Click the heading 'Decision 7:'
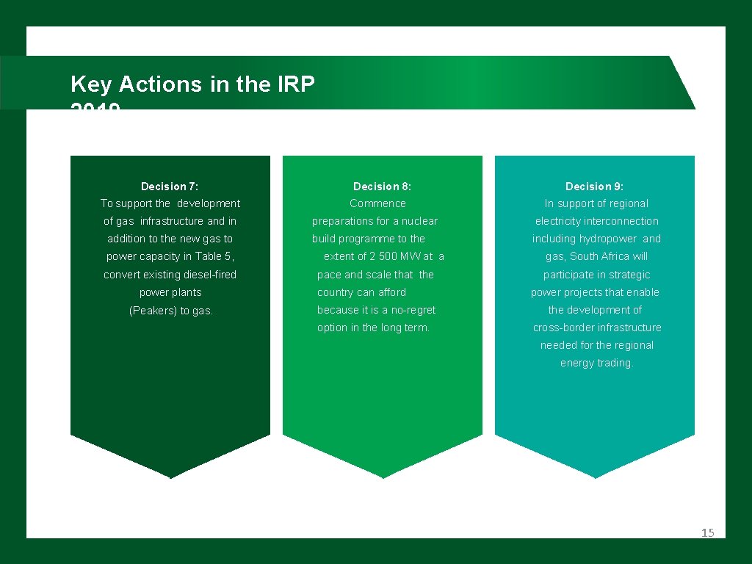[x=170, y=187]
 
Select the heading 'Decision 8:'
[x=382, y=187]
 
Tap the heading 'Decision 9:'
[x=594, y=187]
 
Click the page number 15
[x=707, y=533]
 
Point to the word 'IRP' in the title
[x=296, y=84]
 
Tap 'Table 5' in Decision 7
[x=213, y=256]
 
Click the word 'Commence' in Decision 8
[x=377, y=203]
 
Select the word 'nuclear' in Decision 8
[x=419, y=221]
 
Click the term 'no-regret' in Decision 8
[x=413, y=310]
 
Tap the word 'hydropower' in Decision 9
[x=607, y=239]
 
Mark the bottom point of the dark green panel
[x=170, y=477]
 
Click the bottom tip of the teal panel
[x=595, y=477]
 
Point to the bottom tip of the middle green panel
[x=383, y=477]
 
